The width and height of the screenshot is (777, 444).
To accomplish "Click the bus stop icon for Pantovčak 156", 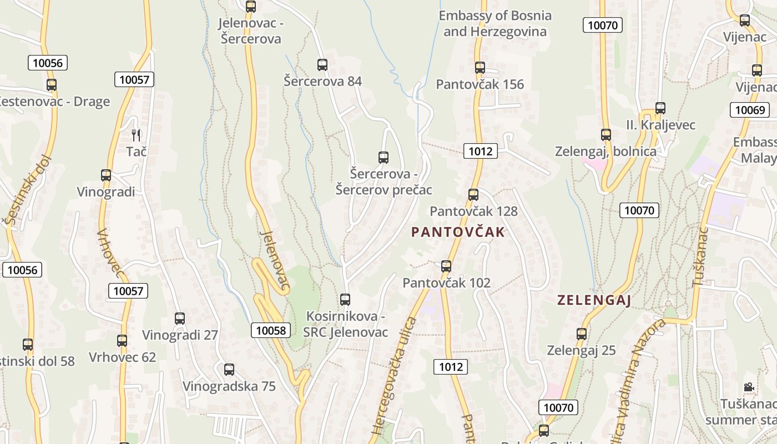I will [480, 68].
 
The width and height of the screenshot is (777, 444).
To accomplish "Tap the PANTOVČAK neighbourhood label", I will [458, 232].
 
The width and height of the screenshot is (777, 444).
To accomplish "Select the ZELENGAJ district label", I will [594, 300].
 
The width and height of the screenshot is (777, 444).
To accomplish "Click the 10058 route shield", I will [271, 330].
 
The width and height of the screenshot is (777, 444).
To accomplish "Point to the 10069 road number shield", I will [750, 109].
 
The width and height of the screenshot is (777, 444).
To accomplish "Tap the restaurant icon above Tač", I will [136, 134].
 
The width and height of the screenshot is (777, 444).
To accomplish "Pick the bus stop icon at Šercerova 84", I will [322, 64].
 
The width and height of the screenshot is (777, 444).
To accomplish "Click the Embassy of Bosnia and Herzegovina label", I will [495, 23].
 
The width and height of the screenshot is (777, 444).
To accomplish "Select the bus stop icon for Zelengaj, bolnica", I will [606, 134].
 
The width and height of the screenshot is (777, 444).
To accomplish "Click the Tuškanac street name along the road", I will [700, 256].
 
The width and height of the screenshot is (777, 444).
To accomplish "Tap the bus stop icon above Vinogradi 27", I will [180, 319].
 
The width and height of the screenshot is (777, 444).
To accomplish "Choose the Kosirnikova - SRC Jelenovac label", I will [345, 324].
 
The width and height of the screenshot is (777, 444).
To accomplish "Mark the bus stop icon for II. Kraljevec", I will [660, 108].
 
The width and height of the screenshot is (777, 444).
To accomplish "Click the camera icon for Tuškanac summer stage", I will [749, 387].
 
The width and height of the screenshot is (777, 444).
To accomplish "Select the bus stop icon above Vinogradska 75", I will [229, 370].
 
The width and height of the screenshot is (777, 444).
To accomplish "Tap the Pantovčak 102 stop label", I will [446, 283].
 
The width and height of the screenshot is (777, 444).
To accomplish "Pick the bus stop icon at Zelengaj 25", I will [582, 334].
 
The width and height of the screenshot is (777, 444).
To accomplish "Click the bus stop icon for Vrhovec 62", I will [122, 341].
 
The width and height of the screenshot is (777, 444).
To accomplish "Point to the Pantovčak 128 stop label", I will [473, 211].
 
